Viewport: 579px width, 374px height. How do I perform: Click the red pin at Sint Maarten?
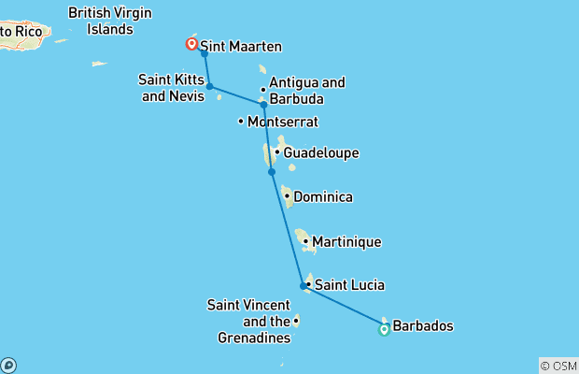(191, 43)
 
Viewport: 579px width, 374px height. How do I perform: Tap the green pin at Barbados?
(384, 329)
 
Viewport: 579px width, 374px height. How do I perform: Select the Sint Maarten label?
(241, 46)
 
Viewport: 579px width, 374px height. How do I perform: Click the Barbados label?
(424, 326)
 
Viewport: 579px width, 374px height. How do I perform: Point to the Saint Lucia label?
(349, 285)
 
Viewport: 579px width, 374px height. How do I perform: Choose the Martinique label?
(346, 242)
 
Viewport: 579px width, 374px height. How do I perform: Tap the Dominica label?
(323, 197)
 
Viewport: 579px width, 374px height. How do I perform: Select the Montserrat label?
(283, 122)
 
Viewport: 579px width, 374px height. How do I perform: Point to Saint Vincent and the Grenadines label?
(247, 321)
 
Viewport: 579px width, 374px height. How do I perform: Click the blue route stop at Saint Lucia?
(304, 286)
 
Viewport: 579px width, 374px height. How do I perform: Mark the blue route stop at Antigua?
(263, 105)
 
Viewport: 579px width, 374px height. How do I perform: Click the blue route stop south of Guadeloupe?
(272, 172)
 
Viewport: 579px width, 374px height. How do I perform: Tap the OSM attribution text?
(558, 366)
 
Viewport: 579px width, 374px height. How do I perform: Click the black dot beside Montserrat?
(241, 122)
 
